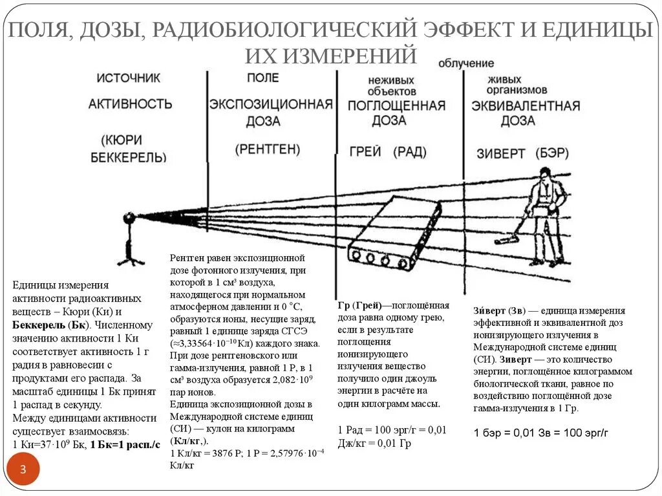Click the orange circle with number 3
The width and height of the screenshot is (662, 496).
pyautogui.click(x=23, y=470)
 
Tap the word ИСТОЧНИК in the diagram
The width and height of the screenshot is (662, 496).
pyautogui.click(x=129, y=78)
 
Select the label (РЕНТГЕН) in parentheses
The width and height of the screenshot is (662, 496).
pyautogui.click(x=267, y=149)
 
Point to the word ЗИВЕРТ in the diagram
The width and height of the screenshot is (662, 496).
pyautogui.click(x=501, y=153)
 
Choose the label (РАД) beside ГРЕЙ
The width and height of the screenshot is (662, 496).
pyautogui.click(x=409, y=152)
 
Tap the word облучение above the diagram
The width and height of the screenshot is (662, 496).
pyautogui.click(x=465, y=63)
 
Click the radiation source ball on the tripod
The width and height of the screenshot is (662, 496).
pyautogui.click(x=129, y=219)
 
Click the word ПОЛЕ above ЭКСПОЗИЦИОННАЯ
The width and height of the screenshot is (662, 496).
pyautogui.click(x=262, y=78)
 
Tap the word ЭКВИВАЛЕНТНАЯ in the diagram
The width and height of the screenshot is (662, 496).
pyautogui.click(x=525, y=105)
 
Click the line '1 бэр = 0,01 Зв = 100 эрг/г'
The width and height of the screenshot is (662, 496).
pyautogui.click(x=541, y=432)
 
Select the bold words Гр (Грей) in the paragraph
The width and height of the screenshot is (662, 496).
pyautogui.click(x=359, y=306)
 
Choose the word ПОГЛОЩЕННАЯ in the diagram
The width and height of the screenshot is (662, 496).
pyautogui.click(x=396, y=105)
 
